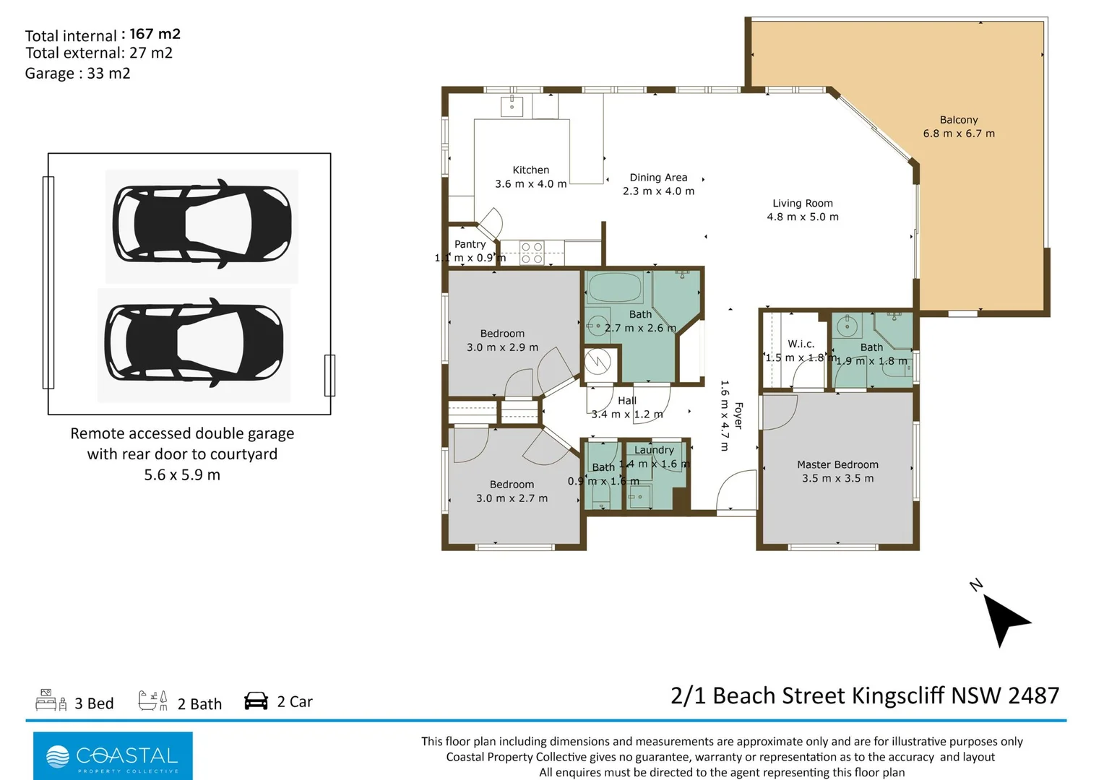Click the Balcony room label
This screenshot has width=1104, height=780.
click(x=958, y=120)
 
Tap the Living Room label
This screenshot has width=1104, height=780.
click(x=802, y=204)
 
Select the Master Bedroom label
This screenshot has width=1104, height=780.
click(x=837, y=465)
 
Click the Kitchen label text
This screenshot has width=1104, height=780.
click(x=530, y=170)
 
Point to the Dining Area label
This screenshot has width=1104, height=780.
click(x=658, y=178)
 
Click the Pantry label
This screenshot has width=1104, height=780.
click(x=470, y=245)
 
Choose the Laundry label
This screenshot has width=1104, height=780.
click(x=654, y=450)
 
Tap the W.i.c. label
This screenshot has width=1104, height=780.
click(x=801, y=344)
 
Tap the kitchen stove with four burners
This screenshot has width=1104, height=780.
click(x=532, y=253)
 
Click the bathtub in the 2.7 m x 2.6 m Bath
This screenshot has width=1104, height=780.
click(x=615, y=288)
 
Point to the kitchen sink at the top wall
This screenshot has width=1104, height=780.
click(x=512, y=105)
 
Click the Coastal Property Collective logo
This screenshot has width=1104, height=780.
click(x=113, y=755)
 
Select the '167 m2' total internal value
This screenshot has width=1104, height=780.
click(x=155, y=34)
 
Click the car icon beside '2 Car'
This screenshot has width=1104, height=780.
click(x=256, y=701)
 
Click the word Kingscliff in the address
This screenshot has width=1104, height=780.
click(x=897, y=695)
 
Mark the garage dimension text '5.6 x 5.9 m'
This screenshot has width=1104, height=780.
click(x=182, y=475)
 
